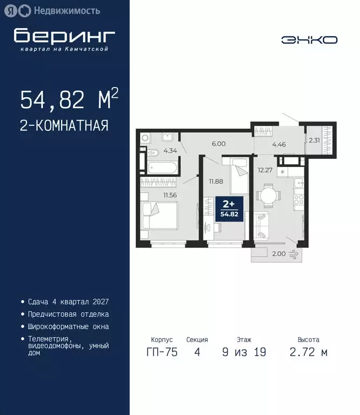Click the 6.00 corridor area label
pos(218,144)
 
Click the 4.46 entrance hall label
pos(278,144)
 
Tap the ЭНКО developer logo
pos(309,39)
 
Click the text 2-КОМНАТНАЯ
pos(64,126)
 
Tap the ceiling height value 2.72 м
pos(309,352)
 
